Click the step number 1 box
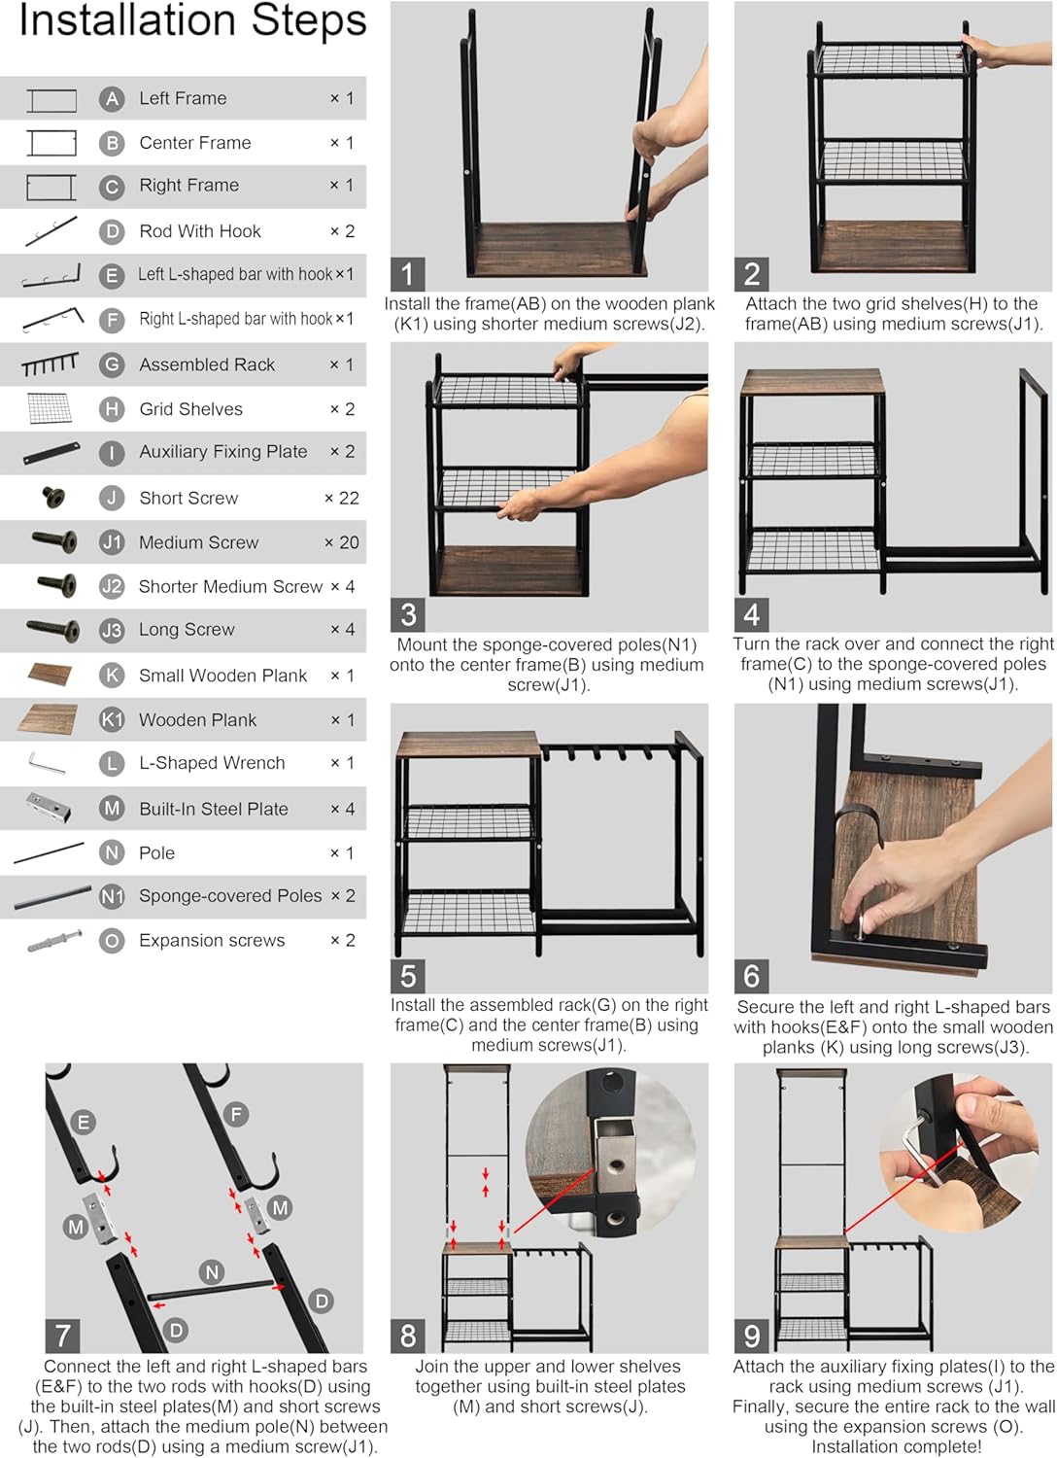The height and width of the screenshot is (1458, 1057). tap(408, 274)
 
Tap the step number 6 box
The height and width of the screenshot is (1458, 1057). tap(752, 976)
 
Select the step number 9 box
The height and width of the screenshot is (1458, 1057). tap(752, 1336)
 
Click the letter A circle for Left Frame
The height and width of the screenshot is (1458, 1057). tap(112, 98)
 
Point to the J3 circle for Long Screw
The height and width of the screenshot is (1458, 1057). tap(112, 630)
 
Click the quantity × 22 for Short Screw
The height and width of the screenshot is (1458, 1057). tap(341, 498)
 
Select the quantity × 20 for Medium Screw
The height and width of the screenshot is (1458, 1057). tap(341, 542)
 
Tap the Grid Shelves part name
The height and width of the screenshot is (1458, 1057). tap(190, 409)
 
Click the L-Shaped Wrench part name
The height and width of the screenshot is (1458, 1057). tap(212, 763)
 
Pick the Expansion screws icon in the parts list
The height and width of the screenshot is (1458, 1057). tap(53, 941)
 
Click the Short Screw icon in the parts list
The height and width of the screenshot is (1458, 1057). tap(53, 498)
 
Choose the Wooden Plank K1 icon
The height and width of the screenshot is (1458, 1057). tap(48, 719)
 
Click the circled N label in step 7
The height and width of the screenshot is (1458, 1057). tap(212, 1271)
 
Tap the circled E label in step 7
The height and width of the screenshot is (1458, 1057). tap(84, 1123)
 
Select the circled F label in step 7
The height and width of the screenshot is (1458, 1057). tap(236, 1114)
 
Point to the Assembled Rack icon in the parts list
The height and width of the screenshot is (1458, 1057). tap(50, 364)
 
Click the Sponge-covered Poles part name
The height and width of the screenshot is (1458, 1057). tap(230, 896)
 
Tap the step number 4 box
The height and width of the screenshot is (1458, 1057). tap(752, 614)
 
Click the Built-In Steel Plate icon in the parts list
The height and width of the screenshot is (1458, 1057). tap(48, 807)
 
